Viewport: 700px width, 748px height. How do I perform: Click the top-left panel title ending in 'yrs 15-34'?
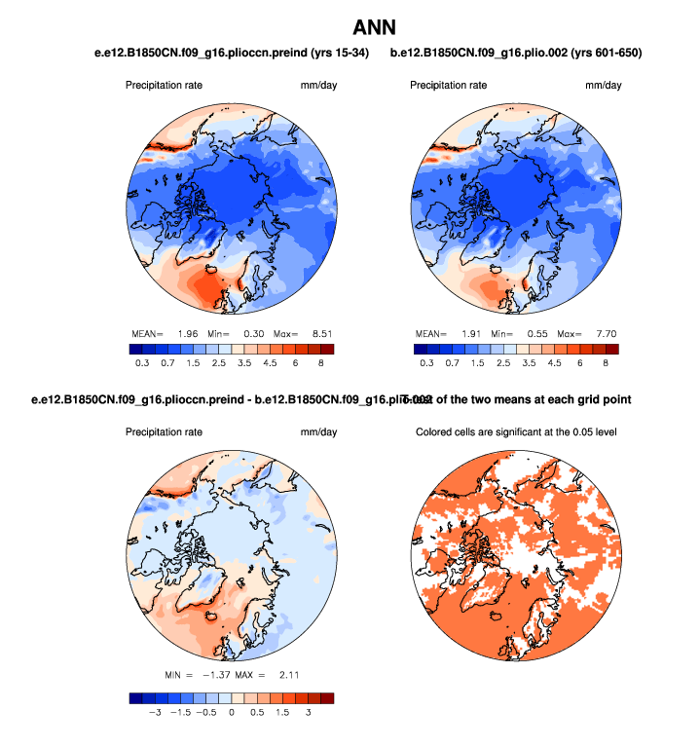pos(224,52)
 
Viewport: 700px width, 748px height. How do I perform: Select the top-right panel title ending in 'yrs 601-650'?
pos(516,52)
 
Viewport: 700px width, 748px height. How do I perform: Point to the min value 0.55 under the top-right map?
pos(536,333)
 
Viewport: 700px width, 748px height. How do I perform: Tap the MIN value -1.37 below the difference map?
pos(213,674)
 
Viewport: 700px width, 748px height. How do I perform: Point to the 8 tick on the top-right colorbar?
pos(606,362)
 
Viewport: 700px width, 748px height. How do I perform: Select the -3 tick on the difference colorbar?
pos(153,712)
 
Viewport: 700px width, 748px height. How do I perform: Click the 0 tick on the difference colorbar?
pos(232,712)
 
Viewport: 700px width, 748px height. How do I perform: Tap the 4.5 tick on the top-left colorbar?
pos(269,362)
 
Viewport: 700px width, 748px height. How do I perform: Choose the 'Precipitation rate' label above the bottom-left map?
pos(164,431)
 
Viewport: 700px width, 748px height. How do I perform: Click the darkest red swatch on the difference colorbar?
pos(327,696)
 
